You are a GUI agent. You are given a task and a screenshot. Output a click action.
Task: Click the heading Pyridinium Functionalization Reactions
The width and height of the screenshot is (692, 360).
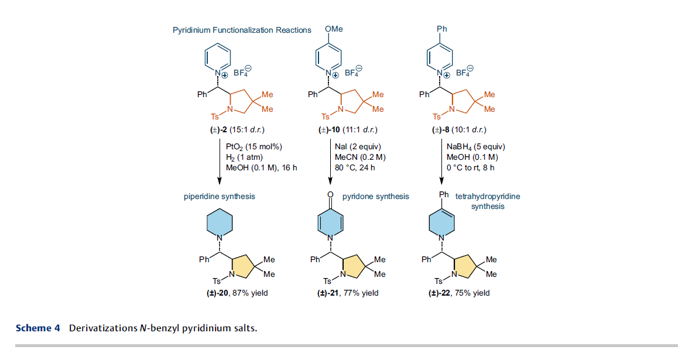tap(242, 30)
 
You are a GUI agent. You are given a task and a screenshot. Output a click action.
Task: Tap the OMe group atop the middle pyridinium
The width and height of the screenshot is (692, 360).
tap(334, 29)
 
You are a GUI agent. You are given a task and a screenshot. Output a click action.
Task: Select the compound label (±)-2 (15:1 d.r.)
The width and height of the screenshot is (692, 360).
tap(237, 130)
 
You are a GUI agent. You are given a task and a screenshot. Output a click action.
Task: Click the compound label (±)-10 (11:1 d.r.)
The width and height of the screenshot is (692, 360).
tap(348, 130)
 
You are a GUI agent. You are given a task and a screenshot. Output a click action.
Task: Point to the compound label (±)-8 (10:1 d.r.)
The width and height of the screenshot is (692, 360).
tap(459, 130)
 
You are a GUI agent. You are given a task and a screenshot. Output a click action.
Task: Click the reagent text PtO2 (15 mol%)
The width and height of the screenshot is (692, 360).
tap(253, 147)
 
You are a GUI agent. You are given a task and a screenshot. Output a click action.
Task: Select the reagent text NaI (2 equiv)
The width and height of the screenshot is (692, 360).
tap(358, 146)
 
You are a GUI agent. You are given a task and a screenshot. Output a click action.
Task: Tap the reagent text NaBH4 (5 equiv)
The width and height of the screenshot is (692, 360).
tap(476, 147)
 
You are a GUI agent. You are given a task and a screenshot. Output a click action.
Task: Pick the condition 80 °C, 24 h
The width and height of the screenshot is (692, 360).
tap(355, 167)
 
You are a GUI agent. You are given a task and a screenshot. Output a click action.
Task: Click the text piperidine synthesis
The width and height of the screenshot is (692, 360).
tap(220, 196)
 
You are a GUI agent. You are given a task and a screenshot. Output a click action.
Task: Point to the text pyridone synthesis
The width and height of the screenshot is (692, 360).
tap(376, 196)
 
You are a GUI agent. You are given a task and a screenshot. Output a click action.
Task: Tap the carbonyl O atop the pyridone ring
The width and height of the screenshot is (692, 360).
tap(330, 194)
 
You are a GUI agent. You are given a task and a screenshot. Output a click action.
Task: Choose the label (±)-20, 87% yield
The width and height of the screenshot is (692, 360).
tap(238, 293)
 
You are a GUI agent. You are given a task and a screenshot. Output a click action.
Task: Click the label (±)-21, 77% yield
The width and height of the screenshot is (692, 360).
tap(348, 293)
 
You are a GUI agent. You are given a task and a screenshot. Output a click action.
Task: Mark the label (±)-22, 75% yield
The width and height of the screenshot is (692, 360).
tap(459, 293)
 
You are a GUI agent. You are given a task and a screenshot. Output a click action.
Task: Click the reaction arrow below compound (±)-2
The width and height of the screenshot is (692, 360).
tap(220, 162)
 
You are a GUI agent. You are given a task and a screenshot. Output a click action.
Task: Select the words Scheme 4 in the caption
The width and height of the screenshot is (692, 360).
tap(38, 328)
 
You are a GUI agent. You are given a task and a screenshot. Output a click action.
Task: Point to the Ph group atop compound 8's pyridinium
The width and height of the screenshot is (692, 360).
tap(442, 29)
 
